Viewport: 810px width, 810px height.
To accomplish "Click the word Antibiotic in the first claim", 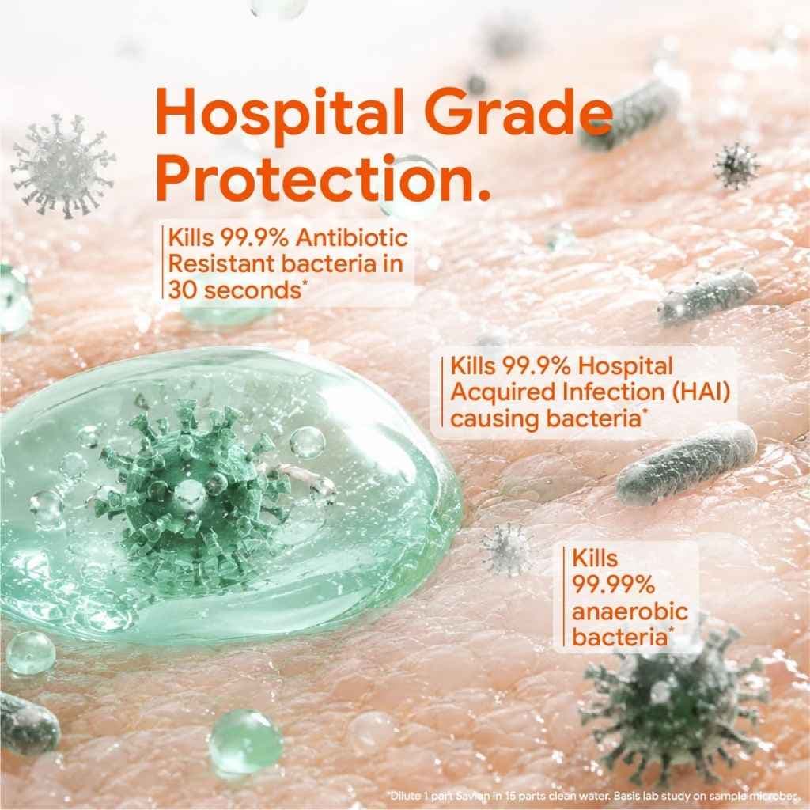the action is [352, 238].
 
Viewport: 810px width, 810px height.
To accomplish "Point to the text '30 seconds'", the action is [235, 290].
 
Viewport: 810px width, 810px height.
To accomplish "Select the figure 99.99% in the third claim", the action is [613, 585].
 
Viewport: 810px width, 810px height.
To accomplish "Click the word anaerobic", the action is [630, 611].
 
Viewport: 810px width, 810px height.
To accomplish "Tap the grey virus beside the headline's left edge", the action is [63, 166].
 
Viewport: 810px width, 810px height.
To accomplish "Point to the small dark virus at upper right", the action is [736, 166].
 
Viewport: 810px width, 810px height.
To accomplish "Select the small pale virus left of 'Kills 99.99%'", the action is [507, 550].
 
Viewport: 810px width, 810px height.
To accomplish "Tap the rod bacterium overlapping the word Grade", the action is [627, 114].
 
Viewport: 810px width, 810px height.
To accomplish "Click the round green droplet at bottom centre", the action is [245, 741].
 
